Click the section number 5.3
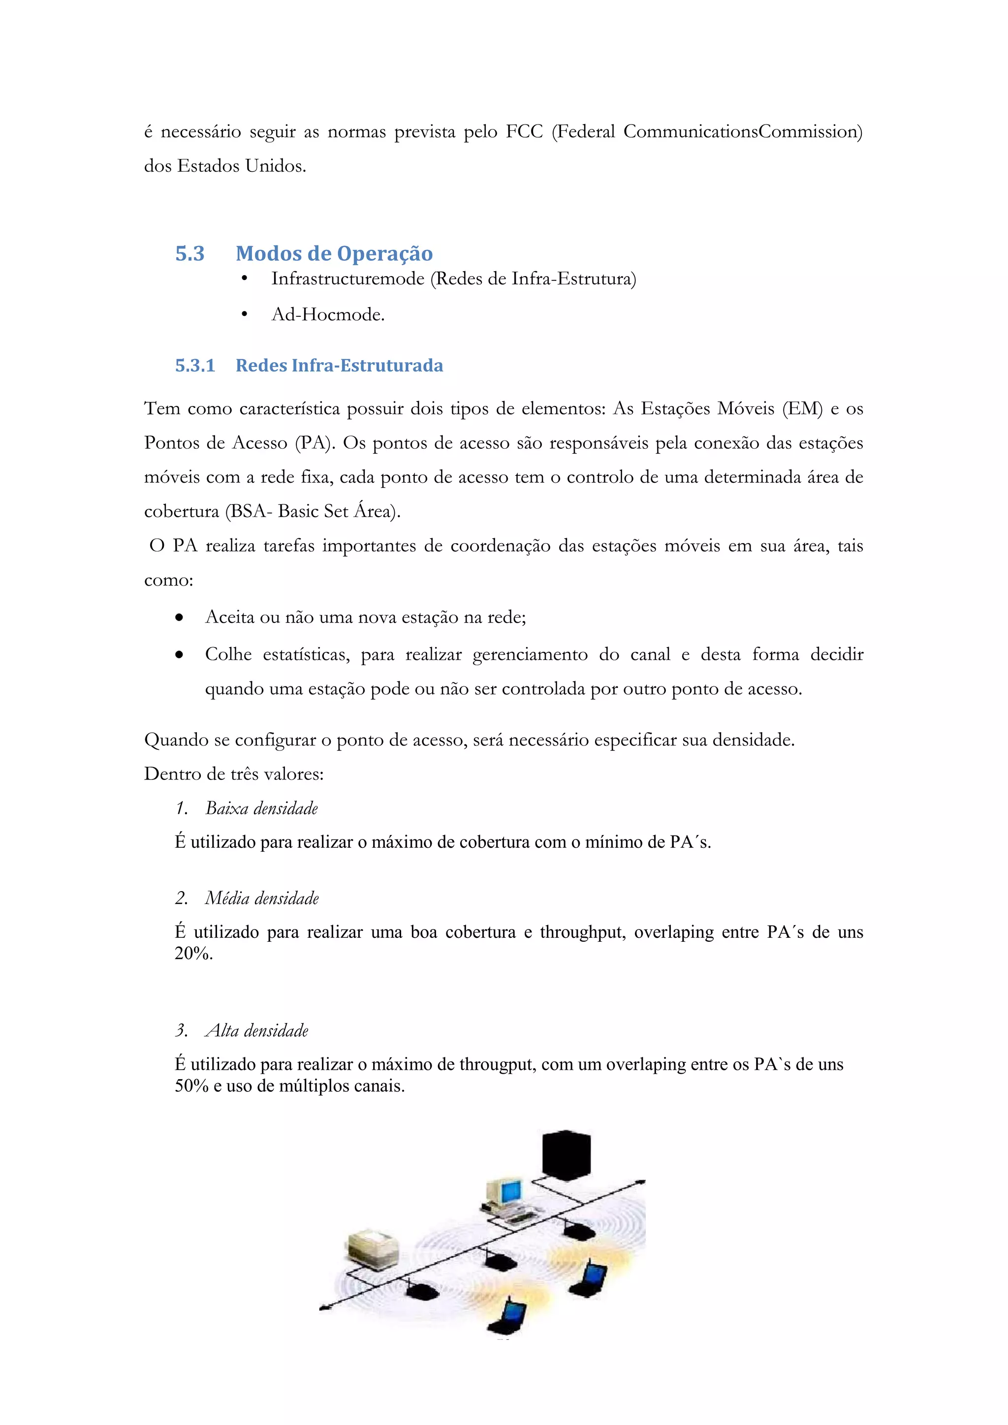189,254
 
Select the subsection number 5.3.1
194,366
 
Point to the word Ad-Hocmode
328,314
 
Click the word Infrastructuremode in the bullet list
347,279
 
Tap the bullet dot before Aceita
179,618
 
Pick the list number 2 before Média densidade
181,898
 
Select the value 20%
193,953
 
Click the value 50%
190,1086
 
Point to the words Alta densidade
256,1031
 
